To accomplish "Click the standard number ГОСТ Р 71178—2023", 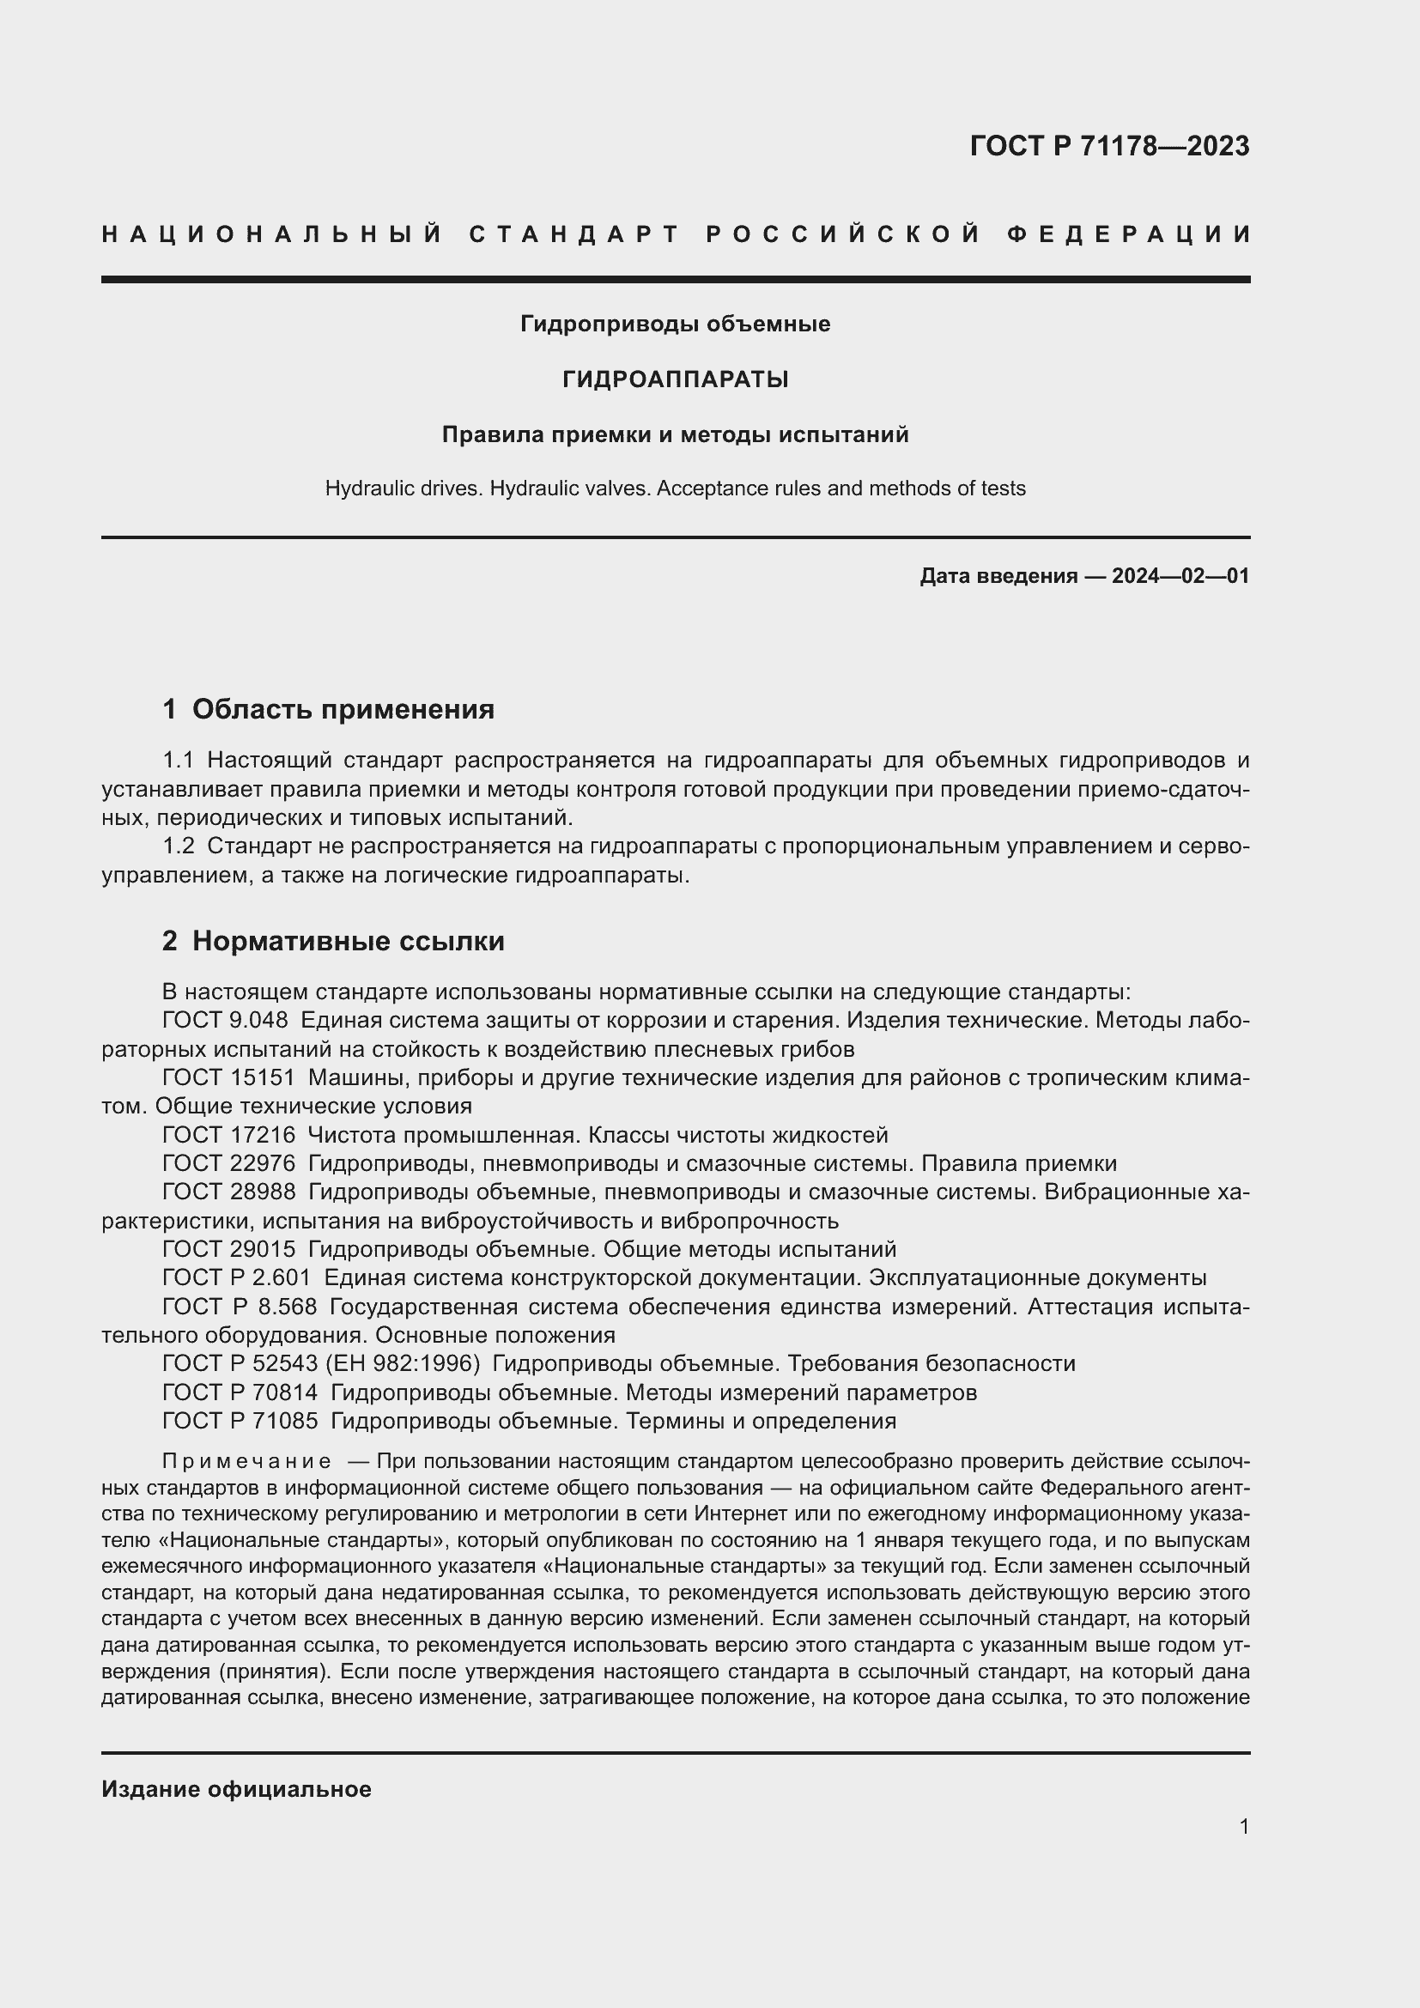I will point(1108,146).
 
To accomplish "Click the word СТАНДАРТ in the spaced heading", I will point(574,234).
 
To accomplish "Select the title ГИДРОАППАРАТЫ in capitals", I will point(675,379).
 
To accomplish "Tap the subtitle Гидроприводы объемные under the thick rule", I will point(675,325).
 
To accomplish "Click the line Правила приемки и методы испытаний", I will point(675,434).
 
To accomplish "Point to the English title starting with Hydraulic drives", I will point(675,488).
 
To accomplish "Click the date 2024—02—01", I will point(1180,576).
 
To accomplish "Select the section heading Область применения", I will point(343,709).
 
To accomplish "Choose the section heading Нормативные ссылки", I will point(348,942).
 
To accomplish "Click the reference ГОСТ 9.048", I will point(225,1021).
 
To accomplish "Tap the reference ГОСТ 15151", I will point(228,1077).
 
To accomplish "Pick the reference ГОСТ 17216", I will point(228,1135).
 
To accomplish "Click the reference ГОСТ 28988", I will point(228,1192).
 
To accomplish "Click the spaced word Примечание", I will point(246,1461).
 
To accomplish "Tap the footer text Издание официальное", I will point(236,1789).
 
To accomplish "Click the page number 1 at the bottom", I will point(1243,1826).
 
